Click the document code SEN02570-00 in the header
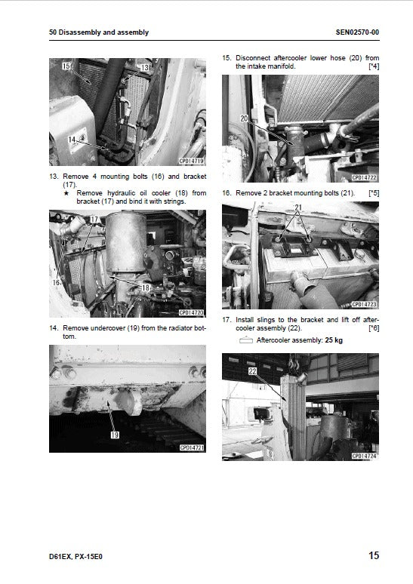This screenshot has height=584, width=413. tap(357, 32)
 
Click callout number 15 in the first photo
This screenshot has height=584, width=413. tap(66, 67)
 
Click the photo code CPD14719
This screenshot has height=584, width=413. tap(192, 161)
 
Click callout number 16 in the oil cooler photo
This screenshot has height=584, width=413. tap(55, 281)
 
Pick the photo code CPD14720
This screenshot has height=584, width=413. tap(192, 312)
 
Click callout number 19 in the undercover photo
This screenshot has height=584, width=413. tap(115, 434)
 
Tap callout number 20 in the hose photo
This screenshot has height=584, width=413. tap(244, 118)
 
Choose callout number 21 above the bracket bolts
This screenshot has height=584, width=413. tap(298, 207)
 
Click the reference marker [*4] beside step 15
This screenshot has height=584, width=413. tap(373, 66)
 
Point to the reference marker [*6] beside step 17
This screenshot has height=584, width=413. tap(373, 329)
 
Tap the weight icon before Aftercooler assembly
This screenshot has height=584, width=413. tap(245, 341)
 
